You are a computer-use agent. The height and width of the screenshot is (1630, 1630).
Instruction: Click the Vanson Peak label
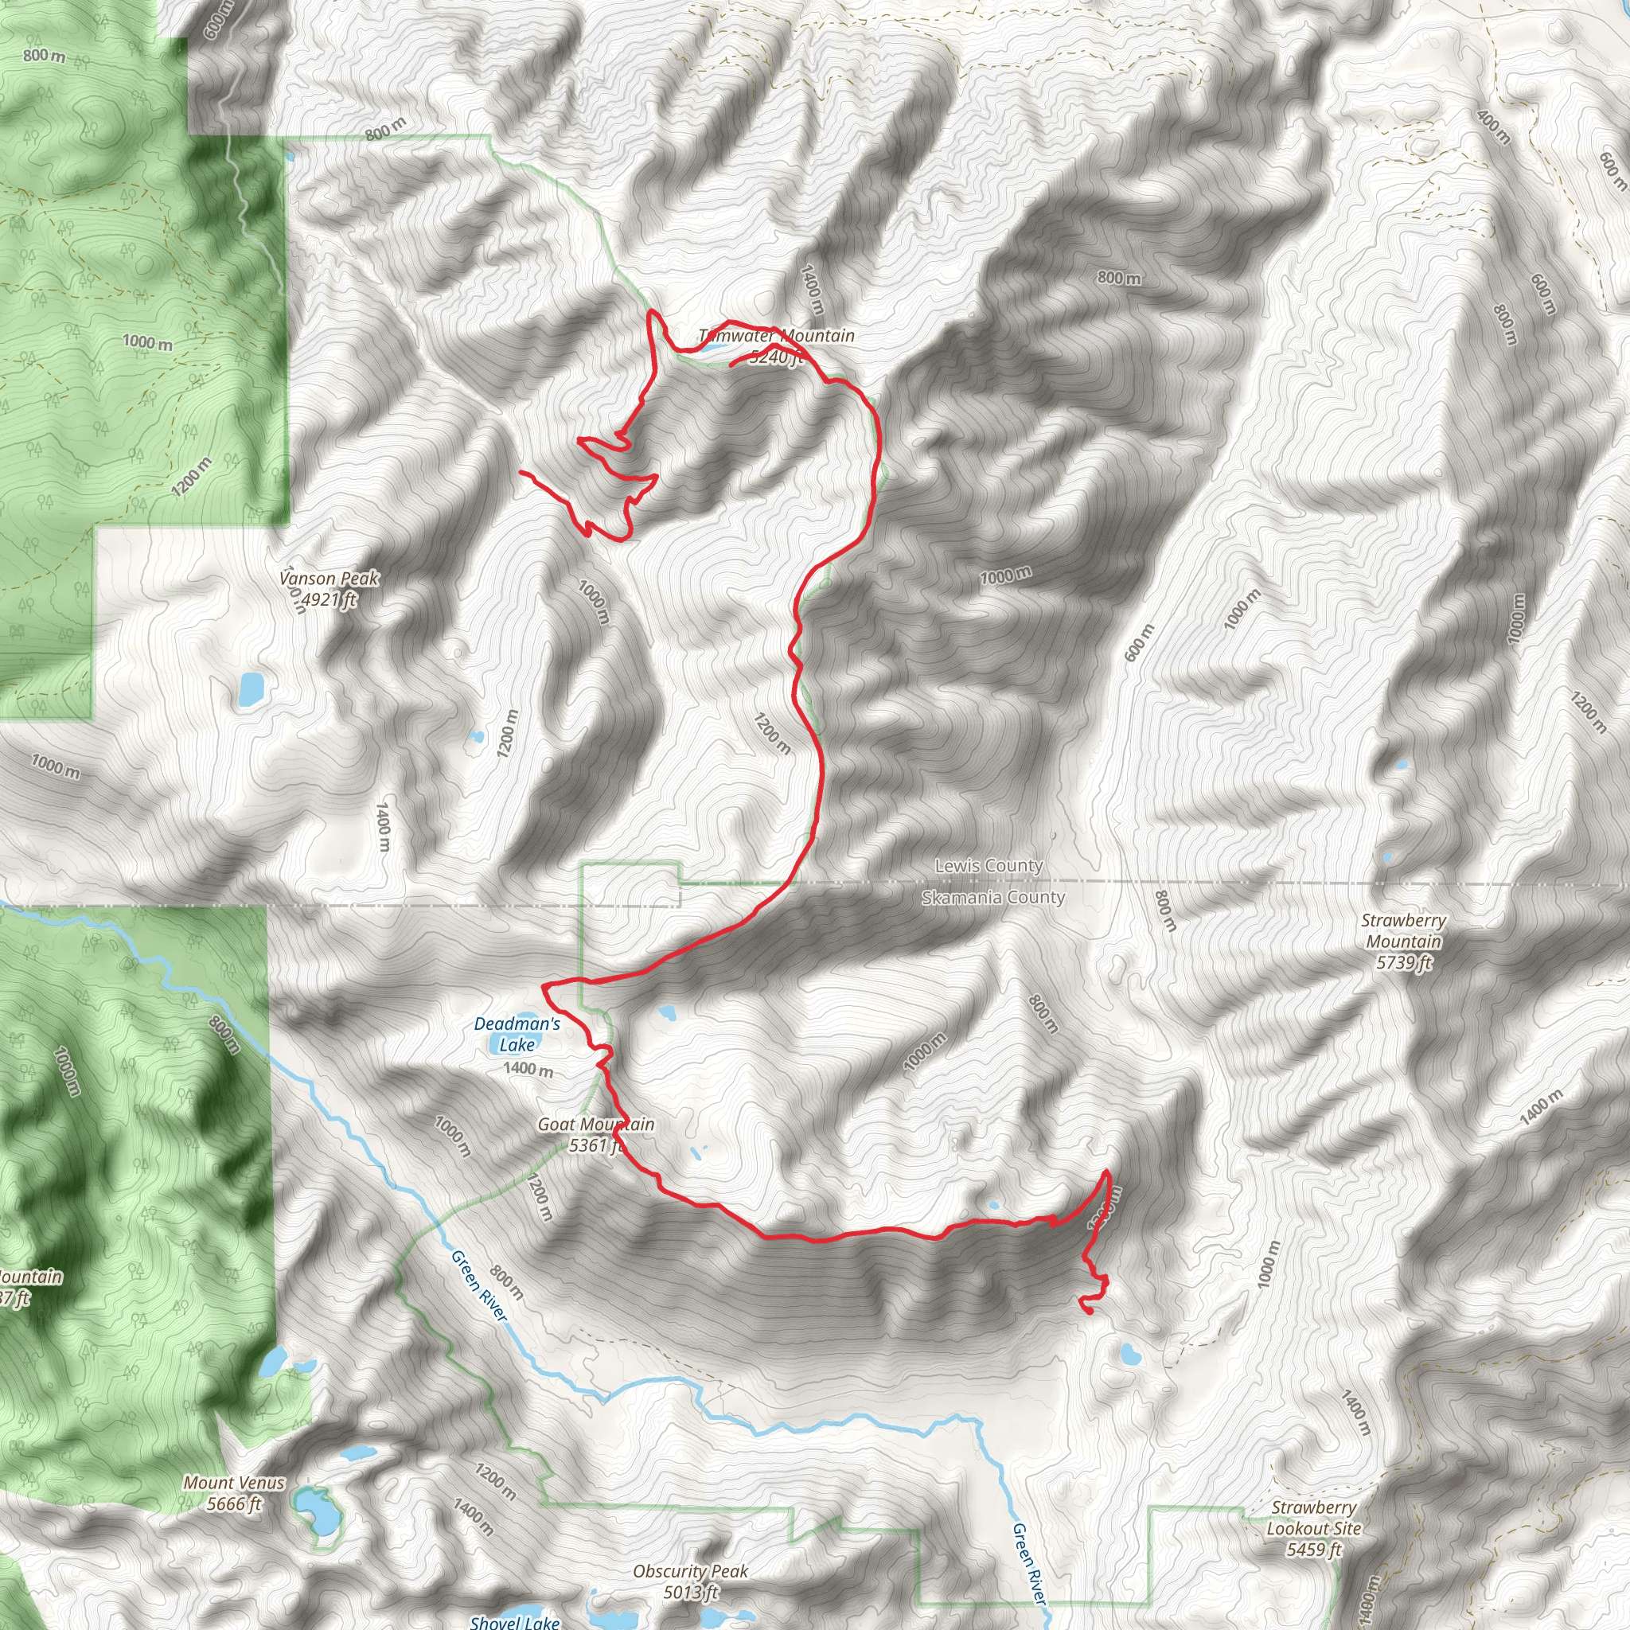pyautogui.click(x=329, y=579)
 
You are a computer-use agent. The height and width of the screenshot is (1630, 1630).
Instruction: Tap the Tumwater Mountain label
pyautogui.click(x=776, y=336)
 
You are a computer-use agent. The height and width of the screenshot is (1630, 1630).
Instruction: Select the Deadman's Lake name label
pyautogui.click(x=517, y=1034)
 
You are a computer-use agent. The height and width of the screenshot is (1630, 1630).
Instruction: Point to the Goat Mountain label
pyautogui.click(x=595, y=1125)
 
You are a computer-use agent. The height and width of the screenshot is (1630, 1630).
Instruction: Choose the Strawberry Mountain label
pyautogui.click(x=1404, y=930)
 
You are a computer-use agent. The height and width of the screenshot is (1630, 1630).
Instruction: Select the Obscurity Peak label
pyautogui.click(x=690, y=1571)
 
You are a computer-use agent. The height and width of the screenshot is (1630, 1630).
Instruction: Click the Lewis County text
pyautogui.click(x=989, y=866)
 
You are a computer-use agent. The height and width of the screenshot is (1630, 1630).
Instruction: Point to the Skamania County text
pyautogui.click(x=993, y=898)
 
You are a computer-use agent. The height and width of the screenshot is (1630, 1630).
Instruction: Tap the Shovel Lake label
pyautogui.click(x=515, y=1621)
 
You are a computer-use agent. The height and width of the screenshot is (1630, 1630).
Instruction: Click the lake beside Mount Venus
pyautogui.click(x=314, y=1512)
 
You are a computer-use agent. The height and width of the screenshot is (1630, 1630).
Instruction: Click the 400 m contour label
pyautogui.click(x=1493, y=126)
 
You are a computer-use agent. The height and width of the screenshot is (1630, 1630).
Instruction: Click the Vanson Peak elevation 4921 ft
pyautogui.click(x=329, y=600)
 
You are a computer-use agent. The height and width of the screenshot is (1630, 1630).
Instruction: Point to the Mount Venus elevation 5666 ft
pyautogui.click(x=234, y=1503)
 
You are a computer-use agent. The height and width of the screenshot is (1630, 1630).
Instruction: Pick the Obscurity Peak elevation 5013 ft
pyautogui.click(x=690, y=1592)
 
